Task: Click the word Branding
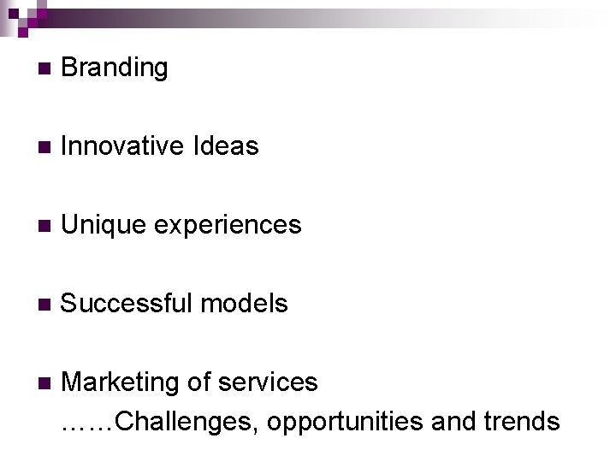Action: [x=115, y=68]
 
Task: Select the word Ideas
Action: [x=226, y=146]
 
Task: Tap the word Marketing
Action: [x=121, y=382]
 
